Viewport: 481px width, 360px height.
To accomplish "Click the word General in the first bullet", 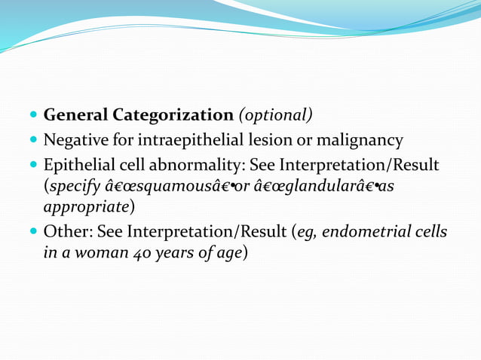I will [x=75, y=116].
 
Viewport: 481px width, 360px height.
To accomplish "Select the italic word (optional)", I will [x=275, y=116].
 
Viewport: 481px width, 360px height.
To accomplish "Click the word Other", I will [x=66, y=233].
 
